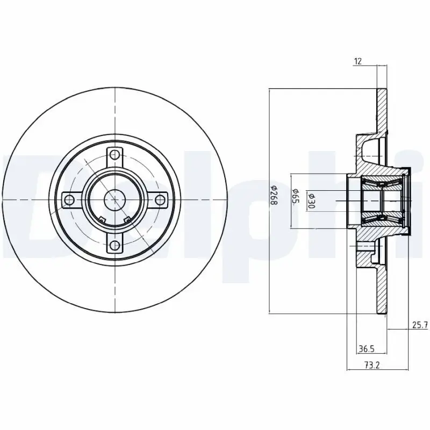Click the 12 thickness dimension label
[357, 61]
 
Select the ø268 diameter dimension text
[273, 192]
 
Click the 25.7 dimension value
[419, 325]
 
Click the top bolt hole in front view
[114, 154]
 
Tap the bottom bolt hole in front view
[114, 246]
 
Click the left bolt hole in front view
[68, 200]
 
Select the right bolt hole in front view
[160, 200]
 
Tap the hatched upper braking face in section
[382, 110]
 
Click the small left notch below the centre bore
[102, 219]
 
